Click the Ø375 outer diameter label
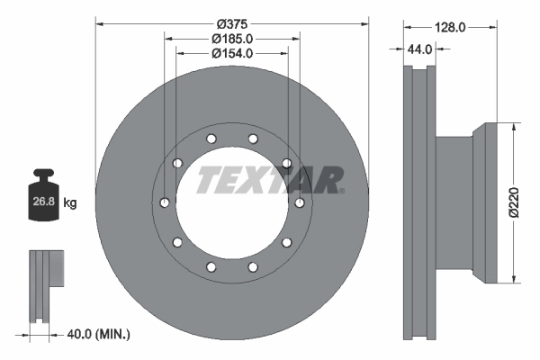tap(231, 22)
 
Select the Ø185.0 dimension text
tap(231, 39)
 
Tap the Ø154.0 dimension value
tap(231, 53)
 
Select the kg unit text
tap(69, 203)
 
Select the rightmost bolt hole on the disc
tap(300, 202)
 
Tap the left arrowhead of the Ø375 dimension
tap(98, 22)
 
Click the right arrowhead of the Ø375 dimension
tap(365, 22)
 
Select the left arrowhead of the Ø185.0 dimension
tap(168, 39)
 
